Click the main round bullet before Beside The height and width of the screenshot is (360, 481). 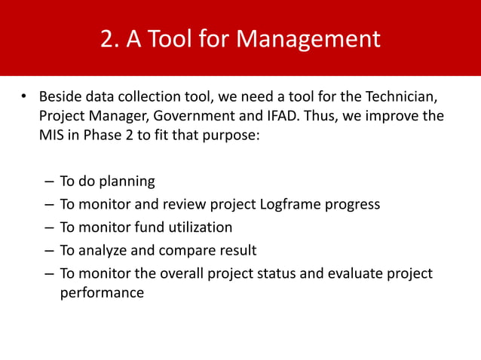coord(24,97)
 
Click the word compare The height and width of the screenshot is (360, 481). coord(185,250)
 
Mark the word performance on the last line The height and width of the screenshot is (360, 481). coord(102,294)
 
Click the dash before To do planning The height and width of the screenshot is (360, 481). coord(48,182)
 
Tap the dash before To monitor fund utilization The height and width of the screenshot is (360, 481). coord(48,227)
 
